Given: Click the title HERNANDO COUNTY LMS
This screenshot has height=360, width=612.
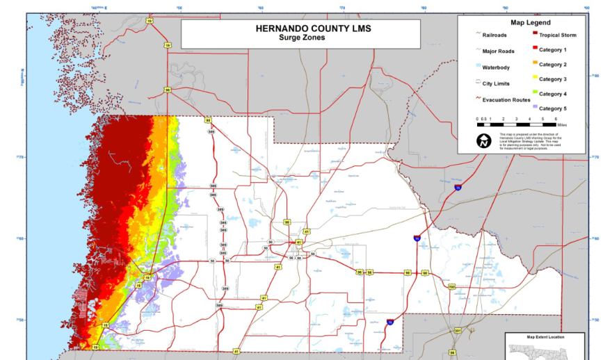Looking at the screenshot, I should [x=301, y=29].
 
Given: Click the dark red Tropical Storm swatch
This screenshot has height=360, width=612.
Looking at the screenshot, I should [x=534, y=35].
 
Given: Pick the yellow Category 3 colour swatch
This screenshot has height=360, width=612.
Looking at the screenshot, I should [x=534, y=79].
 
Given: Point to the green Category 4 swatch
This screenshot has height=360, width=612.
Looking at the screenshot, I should [x=534, y=94].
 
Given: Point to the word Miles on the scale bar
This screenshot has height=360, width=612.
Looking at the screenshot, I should [x=552, y=125].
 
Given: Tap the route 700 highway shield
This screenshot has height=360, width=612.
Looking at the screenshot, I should [x=451, y=286].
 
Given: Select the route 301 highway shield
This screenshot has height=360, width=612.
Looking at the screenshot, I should [x=458, y=330].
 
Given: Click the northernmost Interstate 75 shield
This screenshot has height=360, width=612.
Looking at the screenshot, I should [x=457, y=188].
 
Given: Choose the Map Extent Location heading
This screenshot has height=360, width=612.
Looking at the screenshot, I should [x=545, y=337].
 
